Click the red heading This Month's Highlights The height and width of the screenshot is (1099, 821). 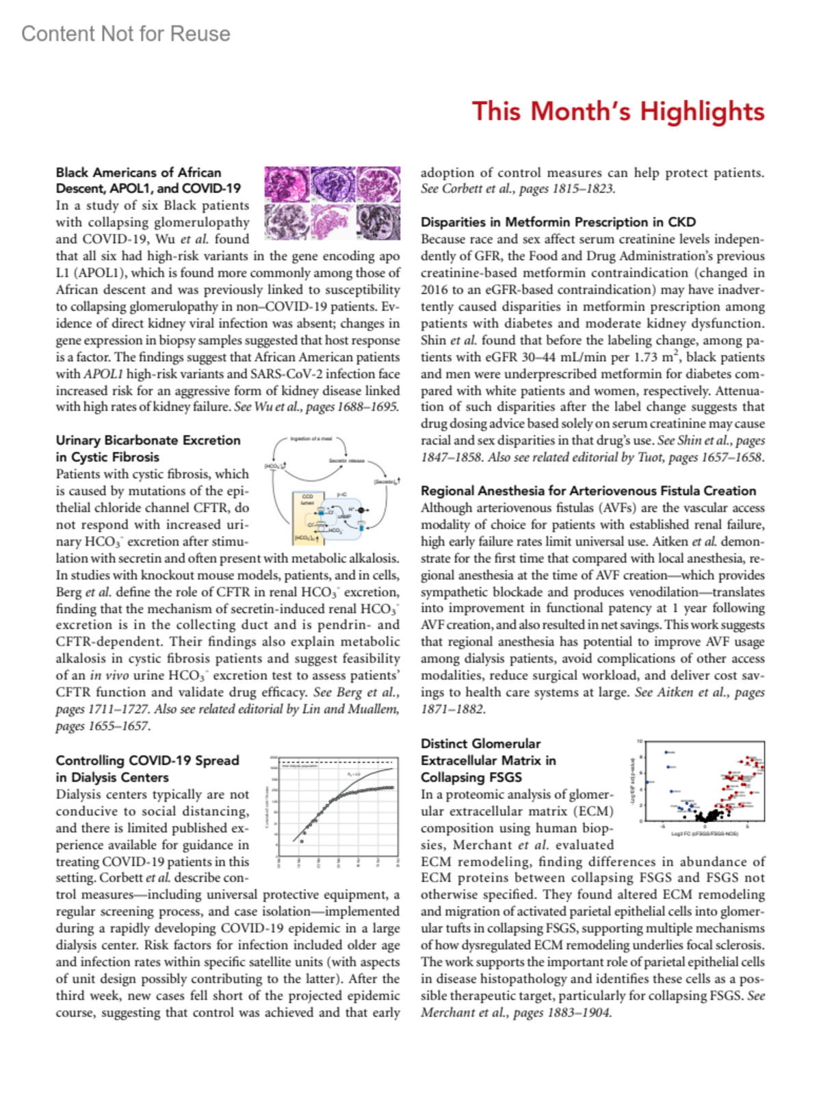(x=618, y=111)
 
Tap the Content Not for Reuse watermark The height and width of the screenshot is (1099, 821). (x=126, y=34)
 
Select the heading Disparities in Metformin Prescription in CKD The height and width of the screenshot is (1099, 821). (x=558, y=222)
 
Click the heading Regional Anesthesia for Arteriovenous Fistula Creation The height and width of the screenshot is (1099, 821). (x=588, y=490)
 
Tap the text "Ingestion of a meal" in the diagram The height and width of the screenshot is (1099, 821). (x=311, y=438)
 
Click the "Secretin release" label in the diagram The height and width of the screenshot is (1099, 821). (x=346, y=460)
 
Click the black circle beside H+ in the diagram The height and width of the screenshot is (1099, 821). (x=362, y=510)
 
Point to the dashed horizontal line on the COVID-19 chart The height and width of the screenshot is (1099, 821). (x=338, y=762)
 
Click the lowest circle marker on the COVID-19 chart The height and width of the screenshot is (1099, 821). (x=302, y=841)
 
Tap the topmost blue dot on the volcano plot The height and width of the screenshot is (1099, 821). (x=666, y=752)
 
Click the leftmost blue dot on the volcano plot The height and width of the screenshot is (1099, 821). (x=647, y=782)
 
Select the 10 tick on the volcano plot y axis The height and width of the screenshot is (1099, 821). (x=640, y=741)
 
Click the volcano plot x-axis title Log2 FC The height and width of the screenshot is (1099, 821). (x=704, y=834)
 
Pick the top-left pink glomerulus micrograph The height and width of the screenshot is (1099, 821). (x=287, y=184)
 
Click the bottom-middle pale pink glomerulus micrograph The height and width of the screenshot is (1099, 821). (x=333, y=222)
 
